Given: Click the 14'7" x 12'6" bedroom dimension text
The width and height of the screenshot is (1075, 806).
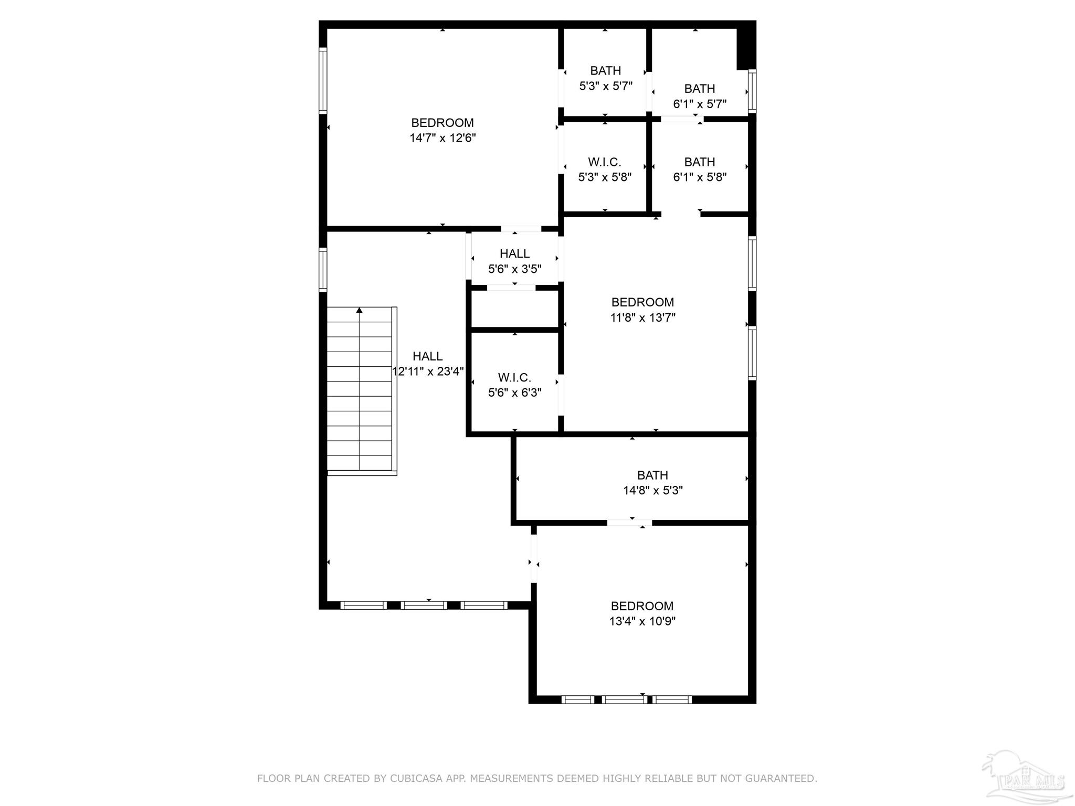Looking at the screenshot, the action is [442, 138].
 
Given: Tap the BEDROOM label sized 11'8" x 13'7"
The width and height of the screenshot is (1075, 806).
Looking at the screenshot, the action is [642, 302].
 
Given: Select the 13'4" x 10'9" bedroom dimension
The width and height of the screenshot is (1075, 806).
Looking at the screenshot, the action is [642, 621].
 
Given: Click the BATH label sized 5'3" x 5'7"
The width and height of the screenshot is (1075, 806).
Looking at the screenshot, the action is [605, 70].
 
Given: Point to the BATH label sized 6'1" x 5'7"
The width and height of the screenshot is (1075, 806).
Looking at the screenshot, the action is [700, 89].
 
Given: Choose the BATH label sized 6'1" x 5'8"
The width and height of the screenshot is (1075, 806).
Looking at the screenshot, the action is [700, 162].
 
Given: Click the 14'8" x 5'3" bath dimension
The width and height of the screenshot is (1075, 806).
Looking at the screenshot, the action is [653, 491].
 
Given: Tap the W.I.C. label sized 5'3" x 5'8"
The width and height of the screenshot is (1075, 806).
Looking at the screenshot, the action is [605, 162].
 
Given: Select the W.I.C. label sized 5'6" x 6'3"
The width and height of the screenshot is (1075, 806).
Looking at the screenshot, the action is [514, 378].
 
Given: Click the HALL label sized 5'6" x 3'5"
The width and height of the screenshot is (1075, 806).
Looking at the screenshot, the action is [514, 254].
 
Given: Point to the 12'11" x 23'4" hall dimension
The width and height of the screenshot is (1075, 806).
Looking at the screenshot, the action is [428, 372].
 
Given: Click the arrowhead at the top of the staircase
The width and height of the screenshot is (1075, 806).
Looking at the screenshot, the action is [360, 310].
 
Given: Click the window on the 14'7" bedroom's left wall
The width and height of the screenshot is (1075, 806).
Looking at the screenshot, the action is [323, 81].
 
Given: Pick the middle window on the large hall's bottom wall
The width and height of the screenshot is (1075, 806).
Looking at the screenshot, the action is [424, 605].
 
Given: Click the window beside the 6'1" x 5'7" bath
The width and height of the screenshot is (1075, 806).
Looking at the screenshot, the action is [752, 91].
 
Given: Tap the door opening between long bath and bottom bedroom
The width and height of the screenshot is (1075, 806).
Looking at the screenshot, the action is [629, 523].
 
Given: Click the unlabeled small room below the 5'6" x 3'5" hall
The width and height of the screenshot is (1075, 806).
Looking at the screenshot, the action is [514, 309].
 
